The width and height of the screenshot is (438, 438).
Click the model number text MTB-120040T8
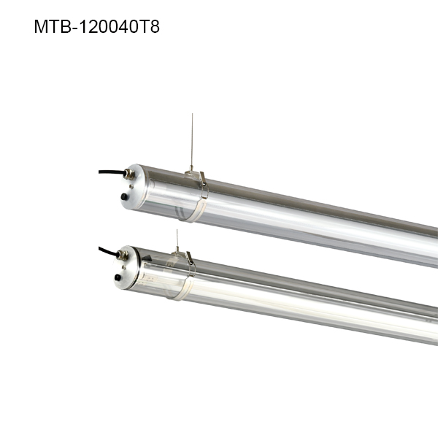[96, 27]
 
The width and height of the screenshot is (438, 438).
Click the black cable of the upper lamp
[109, 174]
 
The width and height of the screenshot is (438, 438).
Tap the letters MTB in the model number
[50, 27]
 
